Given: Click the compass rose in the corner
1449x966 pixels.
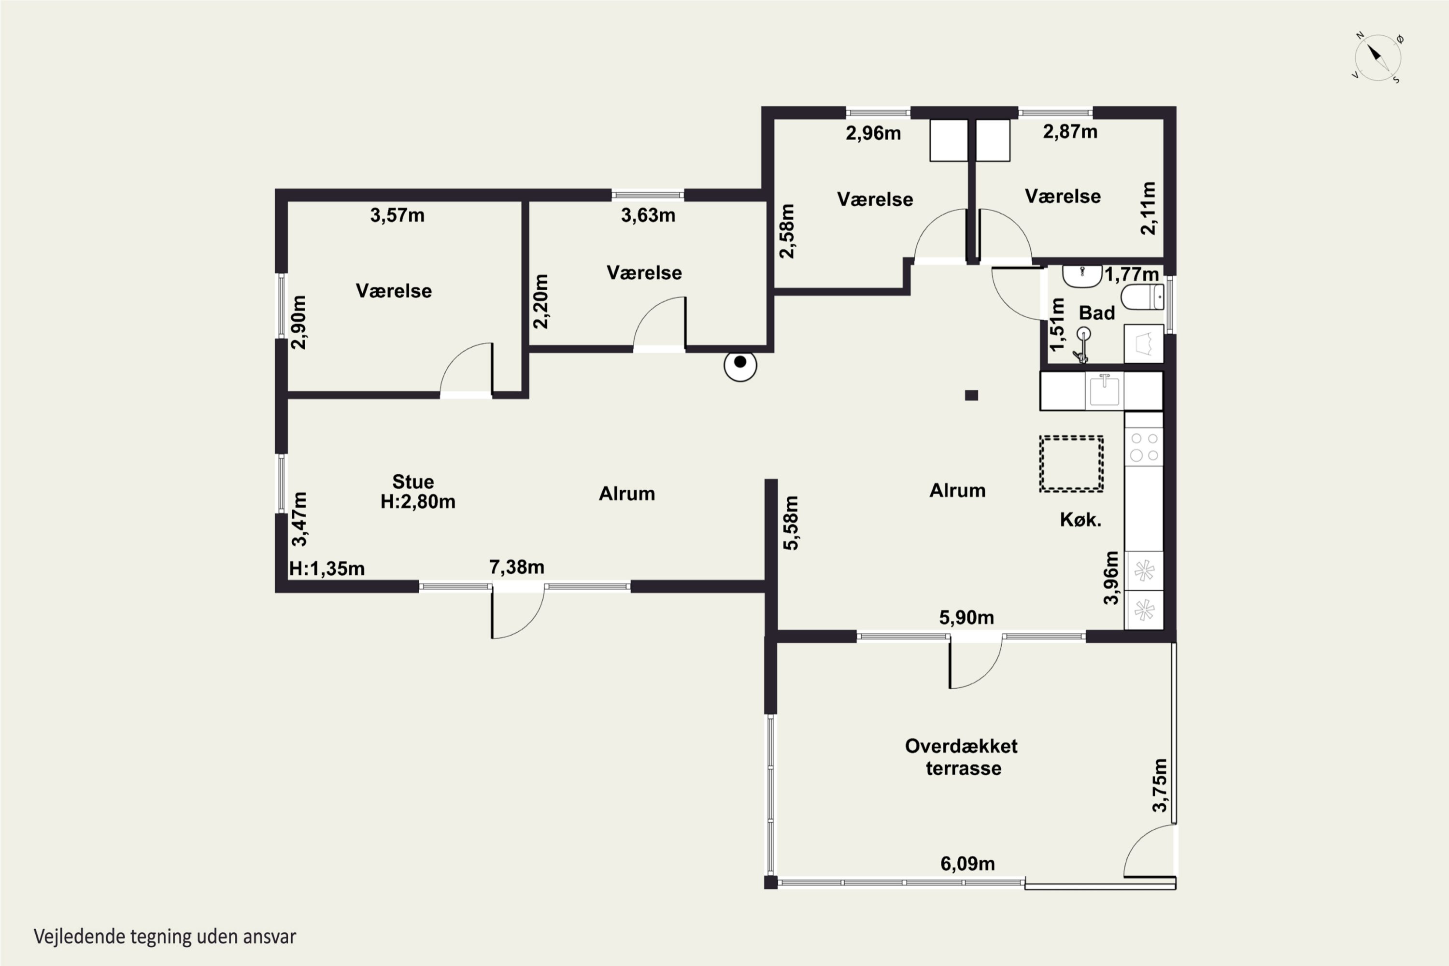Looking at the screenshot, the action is (1378, 58).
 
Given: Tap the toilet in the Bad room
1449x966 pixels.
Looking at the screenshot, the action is (1142, 297).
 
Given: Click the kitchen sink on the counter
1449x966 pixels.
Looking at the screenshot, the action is (1104, 391).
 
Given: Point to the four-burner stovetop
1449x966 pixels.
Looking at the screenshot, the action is (1144, 447).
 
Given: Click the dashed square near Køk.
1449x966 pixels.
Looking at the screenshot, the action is (1071, 464).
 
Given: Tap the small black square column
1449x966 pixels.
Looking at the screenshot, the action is (971, 396).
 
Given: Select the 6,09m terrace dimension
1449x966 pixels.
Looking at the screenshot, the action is (967, 864).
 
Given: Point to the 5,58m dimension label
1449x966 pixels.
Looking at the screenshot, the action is (791, 523).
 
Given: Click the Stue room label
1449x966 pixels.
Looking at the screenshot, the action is (413, 481).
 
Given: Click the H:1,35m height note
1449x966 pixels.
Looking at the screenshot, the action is (327, 568).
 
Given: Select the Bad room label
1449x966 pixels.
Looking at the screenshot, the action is (1096, 313).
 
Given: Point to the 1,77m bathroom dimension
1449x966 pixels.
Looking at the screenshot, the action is (1132, 274).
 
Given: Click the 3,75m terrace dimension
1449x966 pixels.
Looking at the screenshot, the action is (1160, 785).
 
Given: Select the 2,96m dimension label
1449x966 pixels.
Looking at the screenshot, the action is (874, 133).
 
